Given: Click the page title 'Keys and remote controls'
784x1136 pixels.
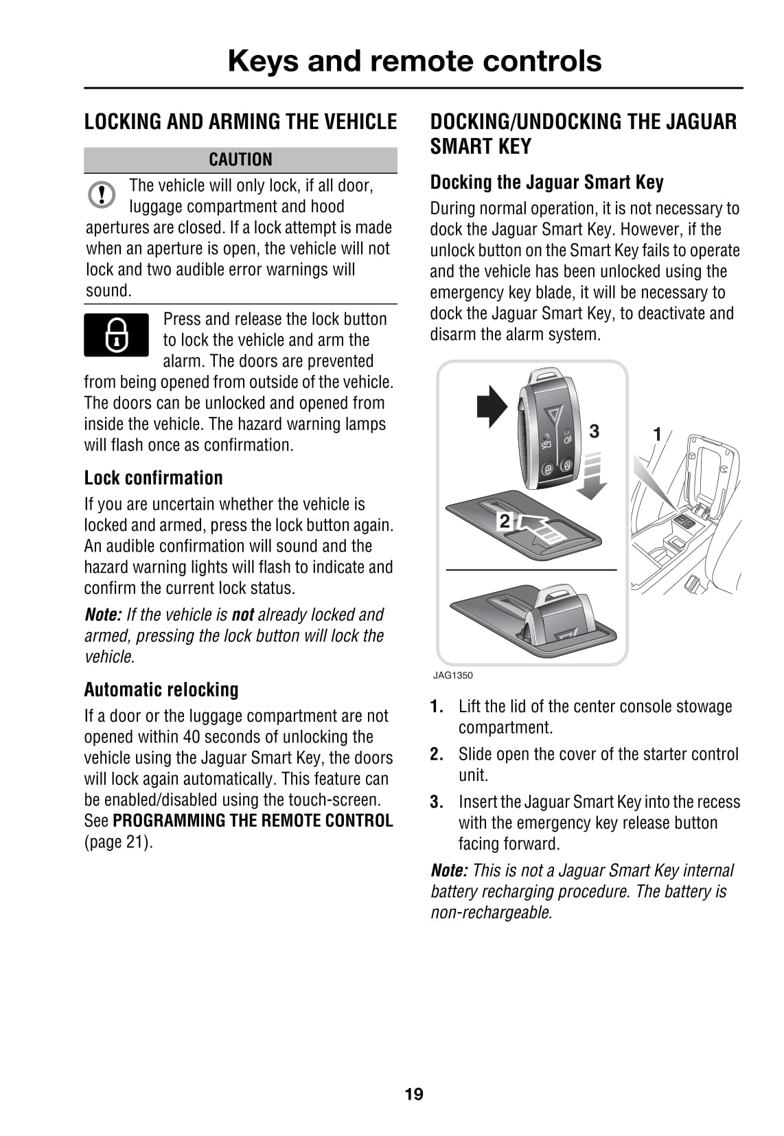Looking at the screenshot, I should pos(414,60).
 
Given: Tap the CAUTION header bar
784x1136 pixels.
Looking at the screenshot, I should pos(240,159).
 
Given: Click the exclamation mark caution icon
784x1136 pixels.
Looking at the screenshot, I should pos(102,194).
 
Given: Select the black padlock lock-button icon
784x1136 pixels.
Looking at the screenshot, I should pos(116,334).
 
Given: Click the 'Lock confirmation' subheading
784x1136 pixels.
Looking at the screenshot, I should pos(153,477).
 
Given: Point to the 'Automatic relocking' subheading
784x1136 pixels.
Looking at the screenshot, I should pos(161,689).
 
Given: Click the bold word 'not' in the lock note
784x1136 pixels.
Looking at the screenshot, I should pos(242,614).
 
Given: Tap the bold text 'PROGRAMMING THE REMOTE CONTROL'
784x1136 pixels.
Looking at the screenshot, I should pos(253,821).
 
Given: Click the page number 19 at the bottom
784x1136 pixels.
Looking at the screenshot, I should pos(414,1094).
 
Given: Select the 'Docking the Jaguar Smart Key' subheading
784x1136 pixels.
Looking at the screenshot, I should pos(546,182).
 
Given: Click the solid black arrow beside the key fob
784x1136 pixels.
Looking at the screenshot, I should pos(492,406).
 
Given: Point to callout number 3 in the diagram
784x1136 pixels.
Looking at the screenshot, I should pos(594,431).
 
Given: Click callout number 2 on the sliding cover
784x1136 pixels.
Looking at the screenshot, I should pos(505,521).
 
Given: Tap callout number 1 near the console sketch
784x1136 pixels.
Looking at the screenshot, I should pos(657,434).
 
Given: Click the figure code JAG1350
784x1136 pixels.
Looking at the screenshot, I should pos(452,675).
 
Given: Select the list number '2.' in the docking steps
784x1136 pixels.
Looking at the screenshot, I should pos(437,754).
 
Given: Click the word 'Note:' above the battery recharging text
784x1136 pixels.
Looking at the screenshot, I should pos(449,870).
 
